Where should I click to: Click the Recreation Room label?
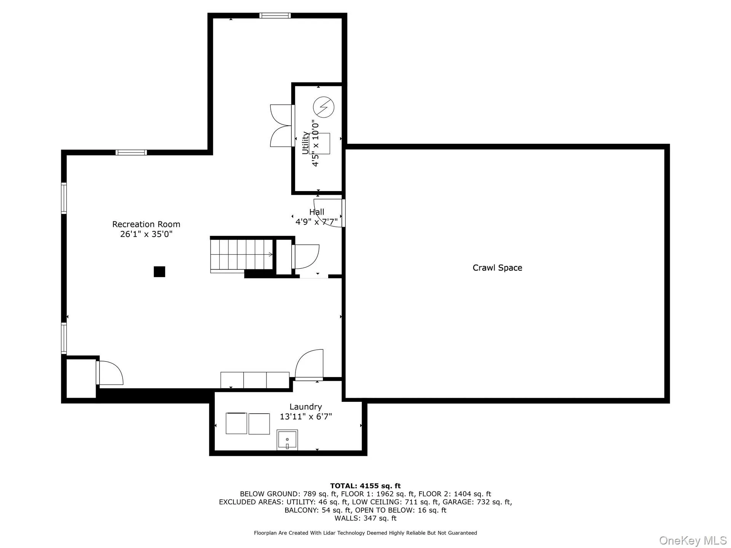(x=146, y=224)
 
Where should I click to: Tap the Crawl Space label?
(x=497, y=268)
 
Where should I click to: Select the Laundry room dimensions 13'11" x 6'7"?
(x=306, y=417)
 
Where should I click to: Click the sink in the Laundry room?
(x=287, y=440)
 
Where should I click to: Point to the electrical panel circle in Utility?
(x=324, y=107)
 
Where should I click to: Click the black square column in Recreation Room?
(x=159, y=272)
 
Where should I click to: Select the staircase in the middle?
(x=241, y=254)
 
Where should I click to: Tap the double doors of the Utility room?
(x=281, y=126)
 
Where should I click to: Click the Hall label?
(x=317, y=212)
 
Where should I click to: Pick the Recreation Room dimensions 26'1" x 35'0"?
(x=146, y=234)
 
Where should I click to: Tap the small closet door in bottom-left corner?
(x=110, y=373)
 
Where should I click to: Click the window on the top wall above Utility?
(x=275, y=16)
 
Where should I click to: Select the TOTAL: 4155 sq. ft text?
(x=365, y=486)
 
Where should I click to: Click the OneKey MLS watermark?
(x=693, y=540)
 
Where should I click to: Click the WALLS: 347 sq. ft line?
(x=365, y=518)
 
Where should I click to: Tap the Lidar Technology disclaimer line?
(x=365, y=533)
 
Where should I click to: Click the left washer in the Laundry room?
(x=236, y=423)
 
